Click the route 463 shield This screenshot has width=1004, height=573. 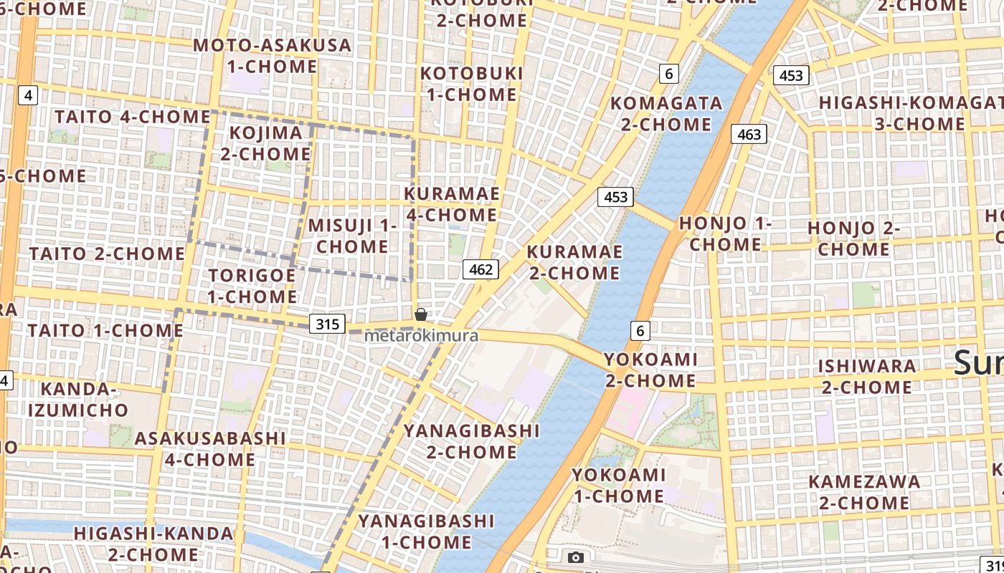pyautogui.click(x=749, y=134)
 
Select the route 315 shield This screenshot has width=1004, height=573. pyautogui.click(x=327, y=324)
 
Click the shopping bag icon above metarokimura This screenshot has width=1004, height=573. pyautogui.click(x=421, y=314)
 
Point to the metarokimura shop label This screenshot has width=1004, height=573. pyautogui.click(x=421, y=335)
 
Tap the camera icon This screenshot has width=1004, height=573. pyautogui.click(x=575, y=557)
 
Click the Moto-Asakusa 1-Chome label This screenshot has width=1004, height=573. pyautogui.click(x=273, y=56)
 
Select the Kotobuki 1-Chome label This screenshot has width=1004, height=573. pyautogui.click(x=471, y=84)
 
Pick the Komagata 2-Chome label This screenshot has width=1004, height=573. pyautogui.click(x=666, y=113)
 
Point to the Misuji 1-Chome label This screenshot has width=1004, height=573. pyautogui.click(x=352, y=236)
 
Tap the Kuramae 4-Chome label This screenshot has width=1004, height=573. pyautogui.click(x=452, y=204)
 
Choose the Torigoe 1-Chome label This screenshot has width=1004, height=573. pyautogui.click(x=252, y=286)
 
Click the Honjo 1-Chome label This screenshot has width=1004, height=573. pyautogui.click(x=725, y=233)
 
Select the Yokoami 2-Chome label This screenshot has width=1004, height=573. pyautogui.click(x=650, y=370)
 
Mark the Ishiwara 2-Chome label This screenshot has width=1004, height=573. pyautogui.click(x=867, y=377)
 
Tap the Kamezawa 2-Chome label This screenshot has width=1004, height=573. pyautogui.click(x=864, y=492)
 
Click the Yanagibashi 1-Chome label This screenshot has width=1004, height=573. pyautogui.click(x=426, y=531)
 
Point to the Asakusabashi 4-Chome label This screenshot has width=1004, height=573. pyautogui.click(x=210, y=448)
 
